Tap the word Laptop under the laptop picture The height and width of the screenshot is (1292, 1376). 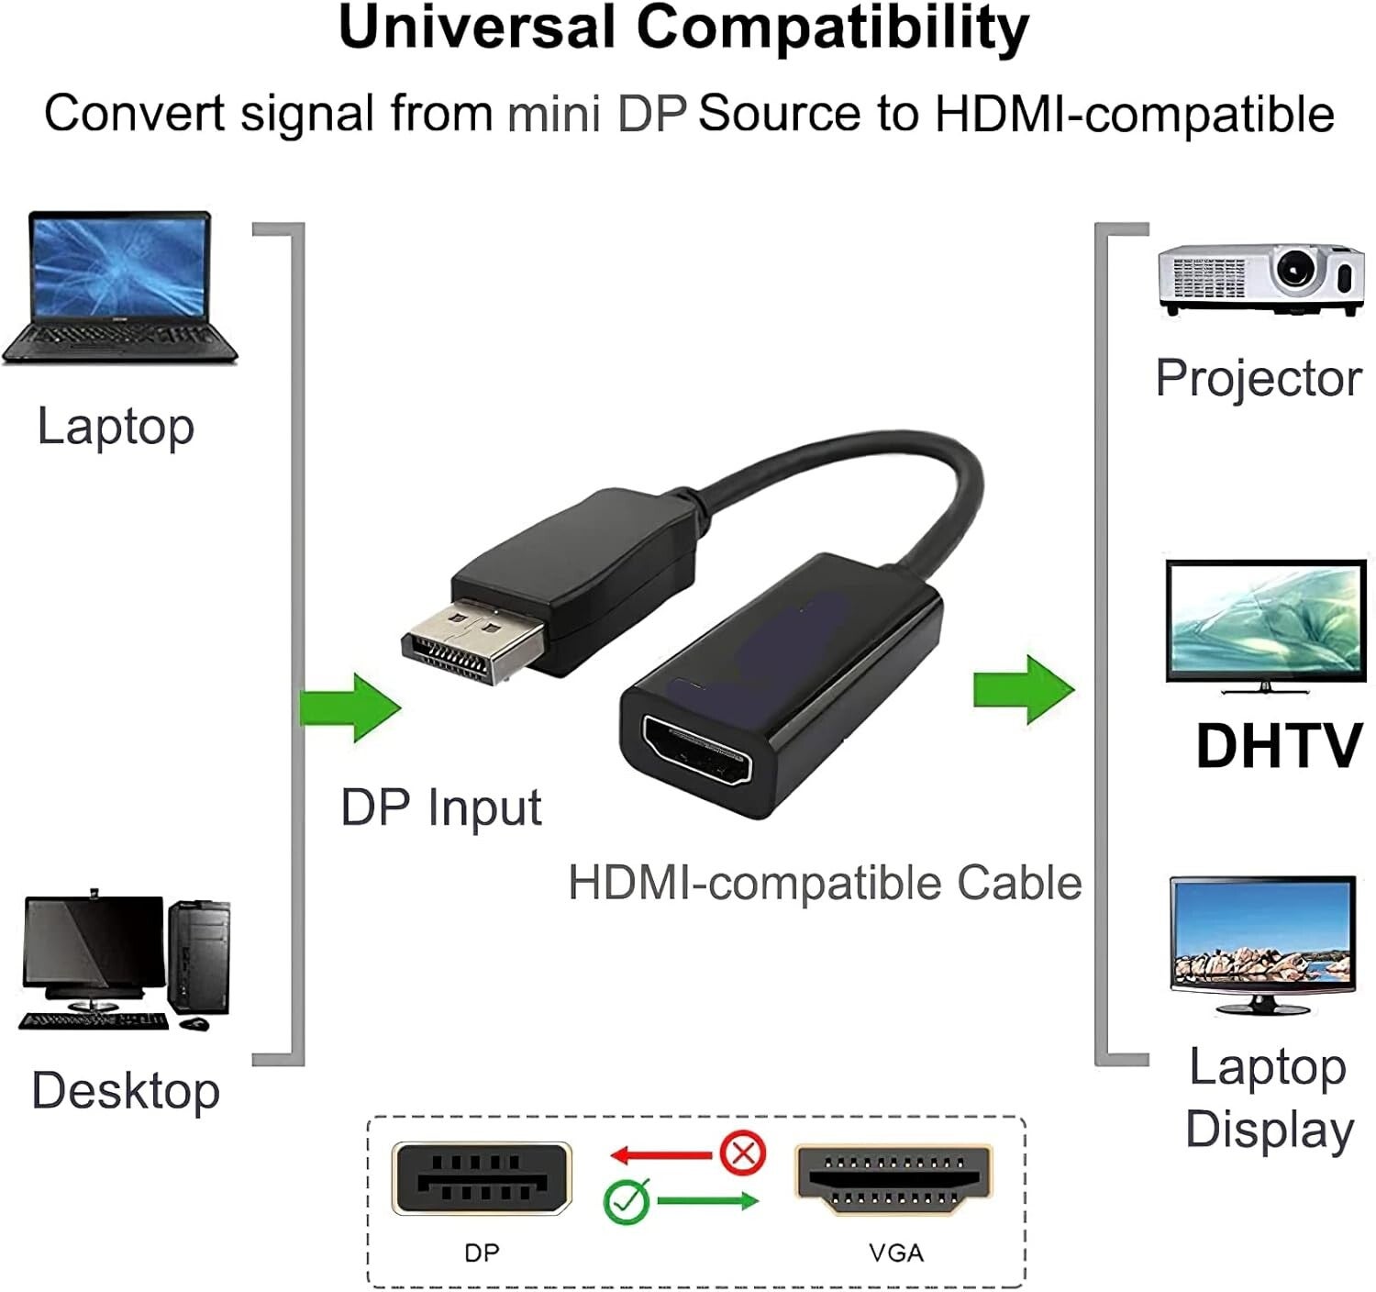[116, 428]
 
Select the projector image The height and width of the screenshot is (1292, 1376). [1260, 279]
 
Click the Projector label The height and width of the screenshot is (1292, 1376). [1258, 378]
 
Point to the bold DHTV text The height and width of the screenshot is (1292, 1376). [1278, 745]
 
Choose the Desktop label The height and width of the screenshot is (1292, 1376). [126, 1090]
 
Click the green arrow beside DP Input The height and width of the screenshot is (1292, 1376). [351, 707]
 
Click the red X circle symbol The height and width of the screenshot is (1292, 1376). [743, 1153]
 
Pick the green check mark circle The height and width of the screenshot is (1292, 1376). [627, 1200]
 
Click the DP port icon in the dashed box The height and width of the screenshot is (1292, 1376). [482, 1179]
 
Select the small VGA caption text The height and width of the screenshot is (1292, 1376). [896, 1253]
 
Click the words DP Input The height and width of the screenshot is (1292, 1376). [440, 808]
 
